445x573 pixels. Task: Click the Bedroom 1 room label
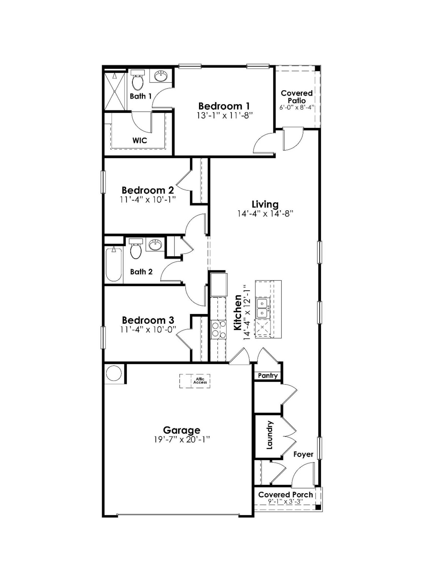click(224, 106)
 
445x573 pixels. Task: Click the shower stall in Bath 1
click(115, 91)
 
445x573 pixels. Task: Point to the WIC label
click(139, 140)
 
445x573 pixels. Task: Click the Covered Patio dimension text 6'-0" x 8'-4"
click(297, 108)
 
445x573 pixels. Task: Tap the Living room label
click(265, 204)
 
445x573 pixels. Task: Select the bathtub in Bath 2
click(113, 265)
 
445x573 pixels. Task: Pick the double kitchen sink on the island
click(262, 308)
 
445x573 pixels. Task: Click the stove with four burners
click(218, 329)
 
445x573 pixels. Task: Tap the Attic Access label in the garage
click(200, 381)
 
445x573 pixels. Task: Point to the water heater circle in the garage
click(113, 374)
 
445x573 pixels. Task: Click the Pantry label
click(268, 376)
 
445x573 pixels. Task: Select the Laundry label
click(269, 435)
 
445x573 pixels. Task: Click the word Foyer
click(303, 454)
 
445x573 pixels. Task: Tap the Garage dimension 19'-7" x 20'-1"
click(182, 440)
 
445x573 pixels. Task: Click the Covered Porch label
click(285, 494)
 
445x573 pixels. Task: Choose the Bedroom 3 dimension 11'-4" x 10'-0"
click(148, 329)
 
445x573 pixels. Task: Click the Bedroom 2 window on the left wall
click(103, 182)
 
